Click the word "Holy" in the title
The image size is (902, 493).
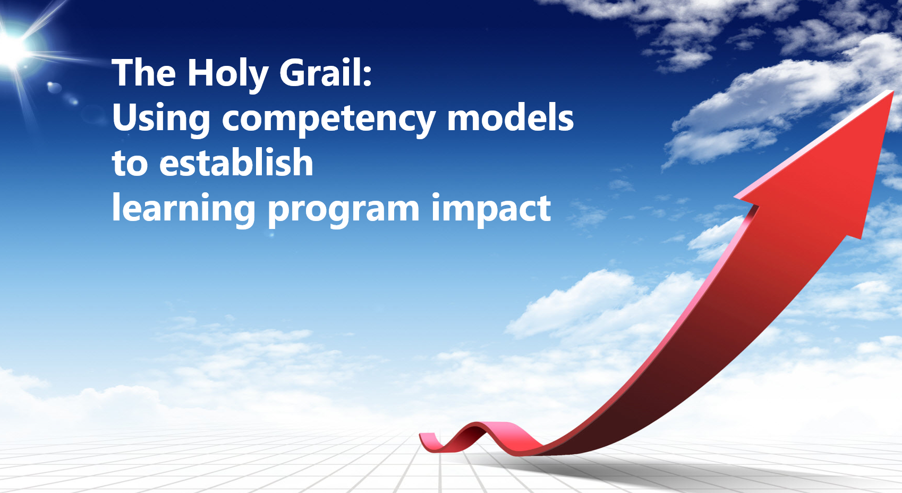click(228, 75)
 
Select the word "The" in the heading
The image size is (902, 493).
click(144, 72)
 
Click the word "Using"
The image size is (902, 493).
click(161, 119)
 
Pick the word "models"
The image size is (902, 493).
click(510, 117)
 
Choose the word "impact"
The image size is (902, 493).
click(491, 209)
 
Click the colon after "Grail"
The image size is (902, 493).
click(367, 75)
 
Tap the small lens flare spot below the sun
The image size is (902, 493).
click(54, 87)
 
